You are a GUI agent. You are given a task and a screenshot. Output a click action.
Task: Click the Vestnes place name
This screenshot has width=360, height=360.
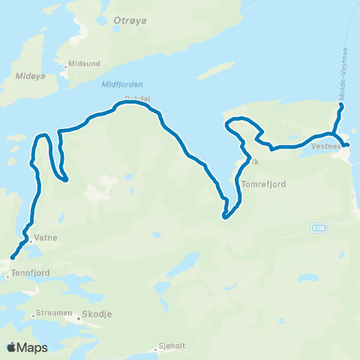tap(325, 147)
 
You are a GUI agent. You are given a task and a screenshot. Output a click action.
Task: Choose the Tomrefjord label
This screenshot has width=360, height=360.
tap(265, 183)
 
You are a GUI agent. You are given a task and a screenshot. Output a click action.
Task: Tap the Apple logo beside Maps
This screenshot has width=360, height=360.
tap(12, 346)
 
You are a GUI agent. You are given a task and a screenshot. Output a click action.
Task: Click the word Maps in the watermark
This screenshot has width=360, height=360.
tap(33, 347)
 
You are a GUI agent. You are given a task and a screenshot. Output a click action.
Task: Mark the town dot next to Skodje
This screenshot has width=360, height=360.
tap(78, 317)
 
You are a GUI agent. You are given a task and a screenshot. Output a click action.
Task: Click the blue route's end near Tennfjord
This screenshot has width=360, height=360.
tap(13, 259)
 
